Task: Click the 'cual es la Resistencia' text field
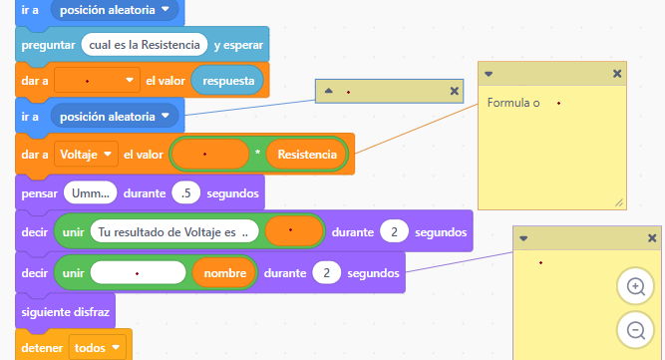[145, 45]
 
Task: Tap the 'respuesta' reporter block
[227, 81]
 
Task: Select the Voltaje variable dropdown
[86, 155]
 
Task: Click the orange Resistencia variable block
[307, 155]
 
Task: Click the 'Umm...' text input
[91, 193]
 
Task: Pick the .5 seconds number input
[185, 193]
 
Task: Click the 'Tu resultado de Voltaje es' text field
[173, 232]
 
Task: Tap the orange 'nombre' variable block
[224, 273]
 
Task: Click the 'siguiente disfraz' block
[66, 312]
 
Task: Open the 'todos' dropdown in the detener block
[97, 348]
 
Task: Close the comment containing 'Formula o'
[617, 74]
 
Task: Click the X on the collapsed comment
[454, 91]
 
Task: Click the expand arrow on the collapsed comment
[328, 91]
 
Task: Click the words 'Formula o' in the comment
[513, 103]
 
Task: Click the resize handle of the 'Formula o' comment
[619, 203]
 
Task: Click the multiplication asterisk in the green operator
[257, 153]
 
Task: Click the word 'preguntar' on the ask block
[48, 45]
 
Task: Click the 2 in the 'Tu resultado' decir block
[394, 232]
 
